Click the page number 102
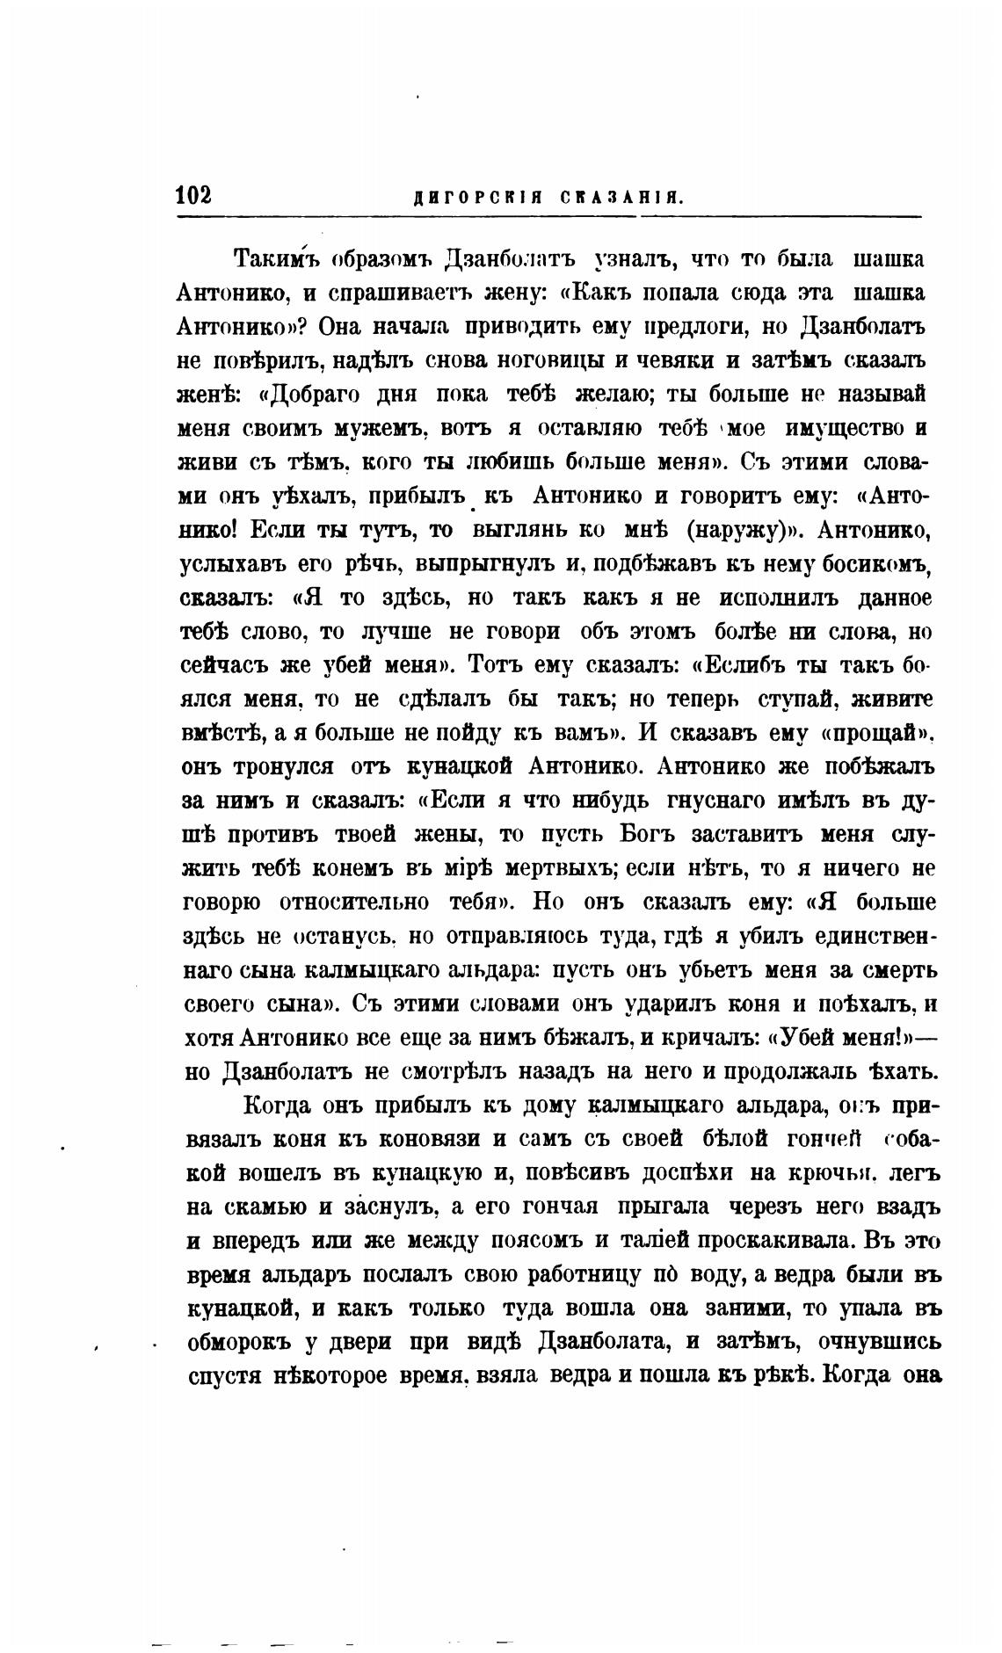tap(193, 195)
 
